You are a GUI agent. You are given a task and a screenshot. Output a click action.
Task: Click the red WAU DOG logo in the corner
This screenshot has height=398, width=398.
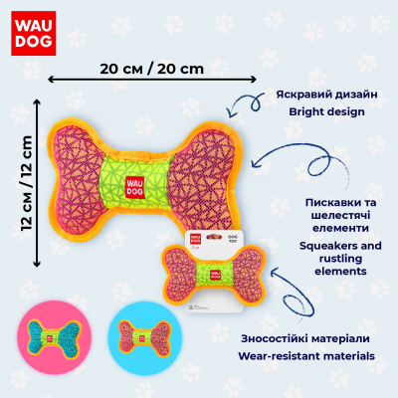pyautogui.click(x=34, y=33)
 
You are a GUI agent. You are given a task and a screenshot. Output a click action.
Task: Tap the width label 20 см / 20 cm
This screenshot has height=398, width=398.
pyautogui.click(x=152, y=69)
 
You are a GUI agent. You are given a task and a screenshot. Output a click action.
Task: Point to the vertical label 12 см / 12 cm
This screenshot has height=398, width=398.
pyautogui.click(x=26, y=183)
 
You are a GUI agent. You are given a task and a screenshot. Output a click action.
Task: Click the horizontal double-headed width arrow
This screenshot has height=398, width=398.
pyautogui.click(x=152, y=80)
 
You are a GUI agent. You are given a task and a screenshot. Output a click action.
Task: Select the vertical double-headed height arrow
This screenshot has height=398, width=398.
pyautogui.click(x=37, y=183)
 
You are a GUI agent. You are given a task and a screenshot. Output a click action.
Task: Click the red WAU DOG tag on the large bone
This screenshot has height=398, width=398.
pyautogui.click(x=135, y=187)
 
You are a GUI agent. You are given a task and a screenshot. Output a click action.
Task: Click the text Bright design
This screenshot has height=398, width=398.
pyautogui.click(x=326, y=111)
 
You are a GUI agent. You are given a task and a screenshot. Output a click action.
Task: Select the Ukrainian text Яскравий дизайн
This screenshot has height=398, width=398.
pyautogui.click(x=326, y=95)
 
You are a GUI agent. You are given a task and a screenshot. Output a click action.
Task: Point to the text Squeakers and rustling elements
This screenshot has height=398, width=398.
pyautogui.click(x=340, y=259)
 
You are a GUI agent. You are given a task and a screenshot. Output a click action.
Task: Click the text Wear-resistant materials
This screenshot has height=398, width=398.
pyautogui.click(x=306, y=356)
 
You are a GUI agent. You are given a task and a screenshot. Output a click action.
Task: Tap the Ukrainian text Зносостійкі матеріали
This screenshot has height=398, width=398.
pyautogui.click(x=305, y=338)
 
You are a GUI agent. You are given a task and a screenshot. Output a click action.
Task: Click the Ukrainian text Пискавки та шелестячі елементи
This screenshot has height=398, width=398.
pyautogui.click(x=341, y=215)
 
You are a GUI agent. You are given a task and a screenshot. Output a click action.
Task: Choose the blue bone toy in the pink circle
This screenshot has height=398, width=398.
pyautogui.click(x=54, y=338)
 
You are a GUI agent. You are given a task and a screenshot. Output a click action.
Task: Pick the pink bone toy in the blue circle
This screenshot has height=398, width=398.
pyautogui.click(x=145, y=338)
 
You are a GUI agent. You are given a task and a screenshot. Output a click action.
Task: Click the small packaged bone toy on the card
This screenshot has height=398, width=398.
pyautogui.click(x=214, y=274)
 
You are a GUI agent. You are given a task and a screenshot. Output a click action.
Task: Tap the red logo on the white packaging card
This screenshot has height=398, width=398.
pyautogui.click(x=195, y=239)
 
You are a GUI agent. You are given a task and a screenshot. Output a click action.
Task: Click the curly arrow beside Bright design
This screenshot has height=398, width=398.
pyautogui.click(x=246, y=103)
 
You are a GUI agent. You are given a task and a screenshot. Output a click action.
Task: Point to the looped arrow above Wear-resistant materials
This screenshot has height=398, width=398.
pyautogui.click(x=292, y=291)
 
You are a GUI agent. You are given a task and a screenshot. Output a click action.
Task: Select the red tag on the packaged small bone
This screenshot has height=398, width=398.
pyautogui.click(x=215, y=275)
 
